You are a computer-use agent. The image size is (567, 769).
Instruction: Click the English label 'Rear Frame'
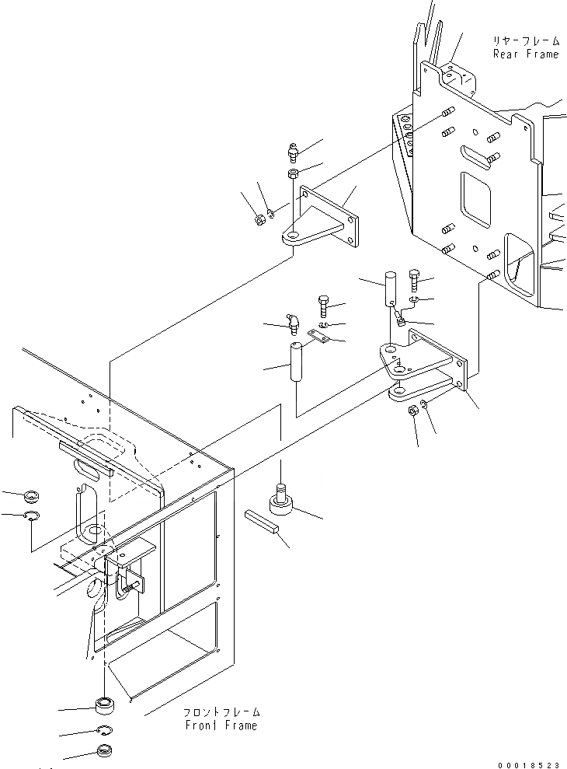525,54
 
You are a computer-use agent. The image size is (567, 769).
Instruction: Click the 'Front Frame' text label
221,725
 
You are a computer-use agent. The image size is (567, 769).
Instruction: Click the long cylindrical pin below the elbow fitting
295,362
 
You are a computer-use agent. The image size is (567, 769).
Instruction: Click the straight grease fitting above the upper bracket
293,149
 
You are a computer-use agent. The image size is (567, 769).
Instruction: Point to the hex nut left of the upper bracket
259,220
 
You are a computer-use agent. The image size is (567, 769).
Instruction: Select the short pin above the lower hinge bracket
391,288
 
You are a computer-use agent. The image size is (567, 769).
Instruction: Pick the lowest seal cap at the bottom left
105,752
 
